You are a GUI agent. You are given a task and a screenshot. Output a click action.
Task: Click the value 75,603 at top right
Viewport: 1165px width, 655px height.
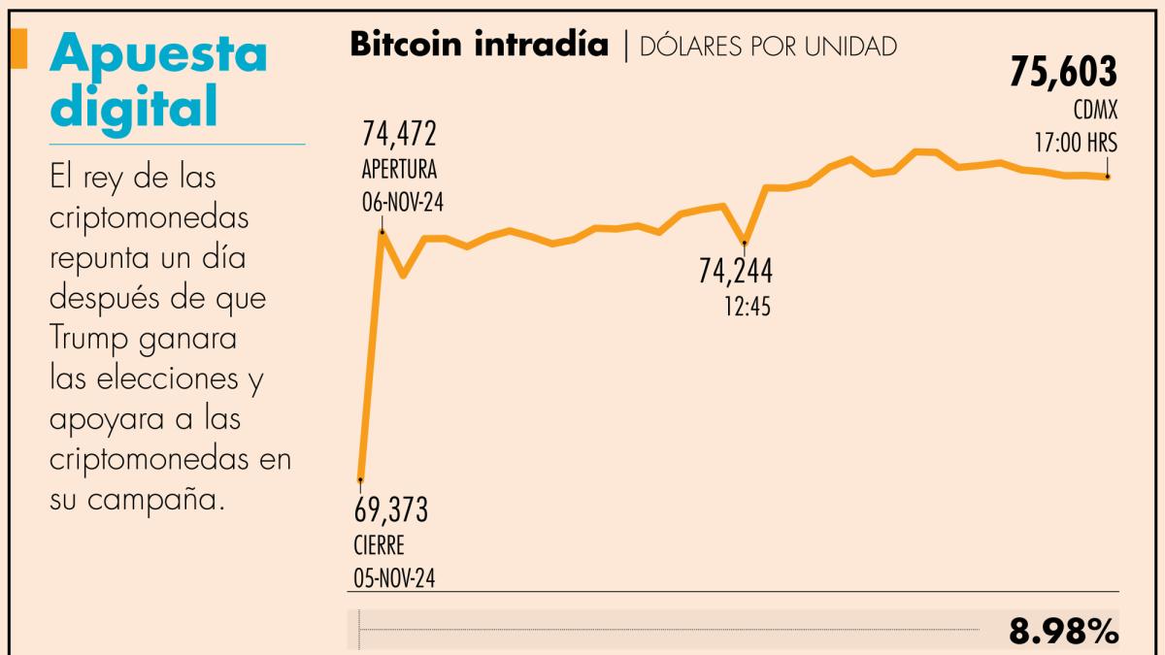[1063, 73]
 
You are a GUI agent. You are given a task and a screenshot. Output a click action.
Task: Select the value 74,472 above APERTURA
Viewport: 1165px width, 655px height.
[400, 132]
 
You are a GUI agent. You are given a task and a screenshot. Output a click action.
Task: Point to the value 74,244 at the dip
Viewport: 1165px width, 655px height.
[736, 272]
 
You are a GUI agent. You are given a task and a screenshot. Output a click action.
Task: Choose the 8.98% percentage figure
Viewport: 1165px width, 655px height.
[1064, 632]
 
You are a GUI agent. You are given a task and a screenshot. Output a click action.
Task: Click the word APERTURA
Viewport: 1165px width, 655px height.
[399, 170]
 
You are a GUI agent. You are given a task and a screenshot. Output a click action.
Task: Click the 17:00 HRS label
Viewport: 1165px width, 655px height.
[1075, 143]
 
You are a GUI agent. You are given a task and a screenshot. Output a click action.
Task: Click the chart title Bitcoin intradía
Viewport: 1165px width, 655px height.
[479, 44]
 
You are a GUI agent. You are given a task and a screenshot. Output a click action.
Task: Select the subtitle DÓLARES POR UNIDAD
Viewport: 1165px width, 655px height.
[767, 46]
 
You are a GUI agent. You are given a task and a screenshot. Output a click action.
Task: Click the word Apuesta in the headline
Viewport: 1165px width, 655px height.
[157, 55]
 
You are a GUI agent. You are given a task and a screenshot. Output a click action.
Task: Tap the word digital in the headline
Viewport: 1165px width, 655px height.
[133, 107]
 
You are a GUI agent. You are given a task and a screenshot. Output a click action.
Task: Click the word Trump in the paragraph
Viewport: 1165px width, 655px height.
[91, 339]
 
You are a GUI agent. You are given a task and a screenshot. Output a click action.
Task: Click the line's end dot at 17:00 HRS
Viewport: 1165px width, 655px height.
[1108, 177]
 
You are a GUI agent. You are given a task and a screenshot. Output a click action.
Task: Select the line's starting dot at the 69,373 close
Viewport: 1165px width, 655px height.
[360, 478]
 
